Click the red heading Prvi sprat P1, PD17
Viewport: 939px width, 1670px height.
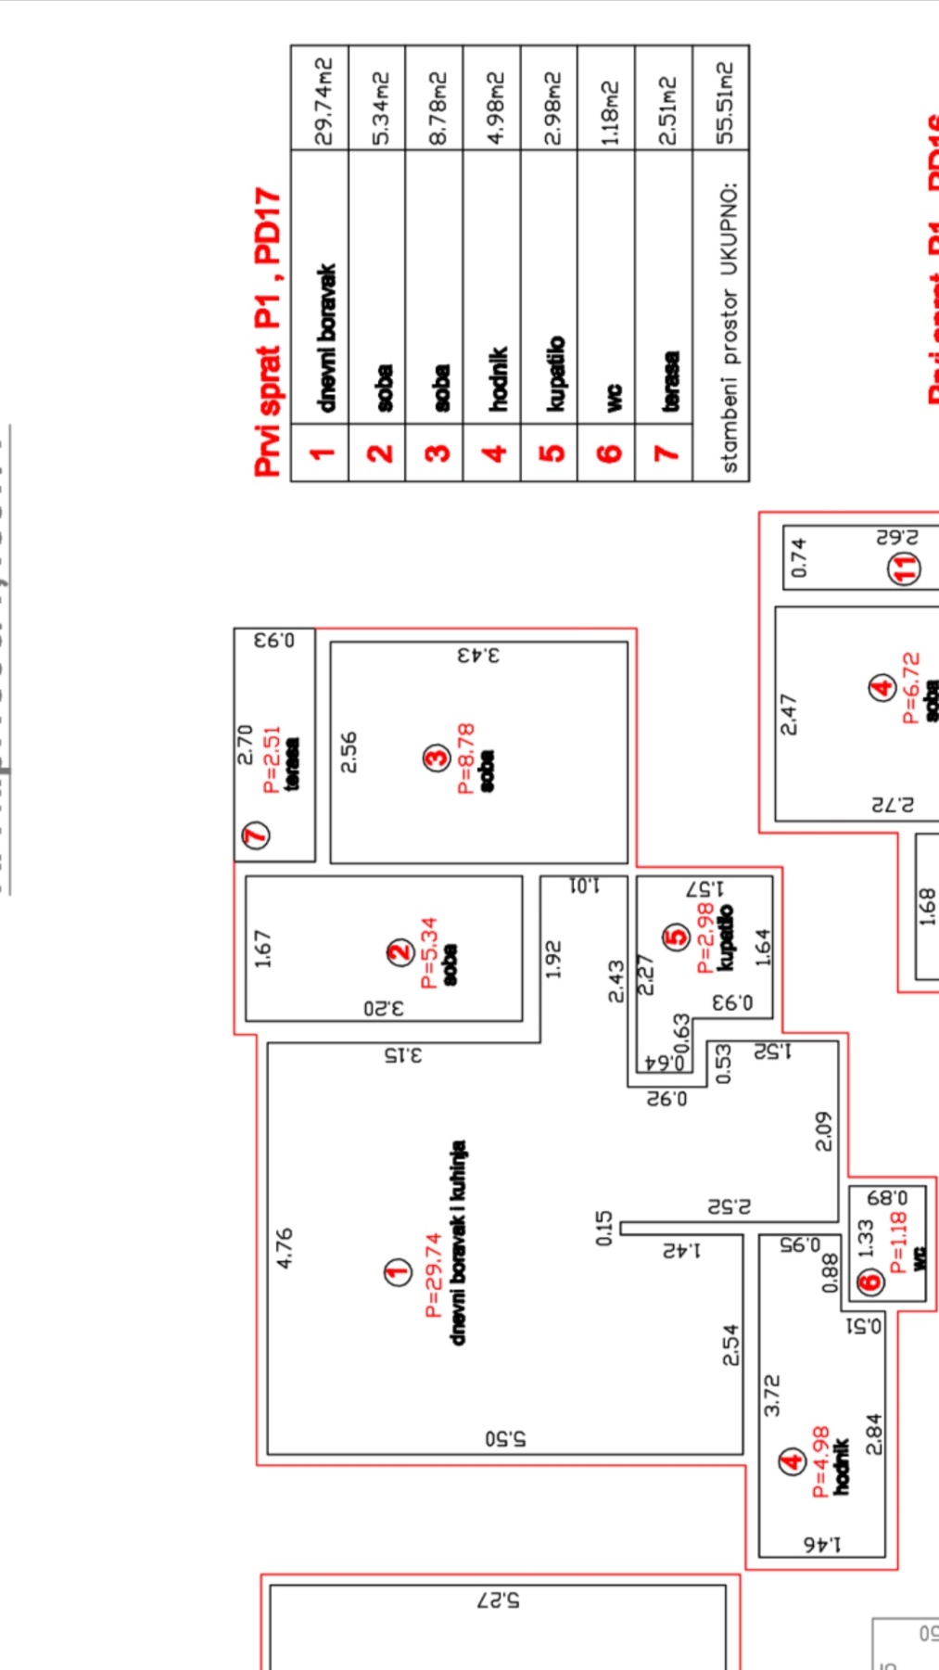point(268,332)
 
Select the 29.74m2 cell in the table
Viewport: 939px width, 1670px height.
point(322,100)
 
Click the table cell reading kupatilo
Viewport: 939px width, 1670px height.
point(553,373)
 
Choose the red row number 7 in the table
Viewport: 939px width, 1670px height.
point(665,453)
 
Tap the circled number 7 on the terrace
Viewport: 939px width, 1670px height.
point(256,835)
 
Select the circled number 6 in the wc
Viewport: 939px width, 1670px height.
point(869,1283)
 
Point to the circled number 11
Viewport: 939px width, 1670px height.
point(904,567)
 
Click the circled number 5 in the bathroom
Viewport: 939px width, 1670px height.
point(679,937)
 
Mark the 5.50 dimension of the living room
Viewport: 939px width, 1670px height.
point(504,1439)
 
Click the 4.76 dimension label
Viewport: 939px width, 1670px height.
point(285,1248)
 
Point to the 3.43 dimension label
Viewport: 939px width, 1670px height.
point(478,655)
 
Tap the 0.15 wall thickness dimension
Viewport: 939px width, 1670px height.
point(604,1228)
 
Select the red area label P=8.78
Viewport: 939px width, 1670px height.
point(465,758)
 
